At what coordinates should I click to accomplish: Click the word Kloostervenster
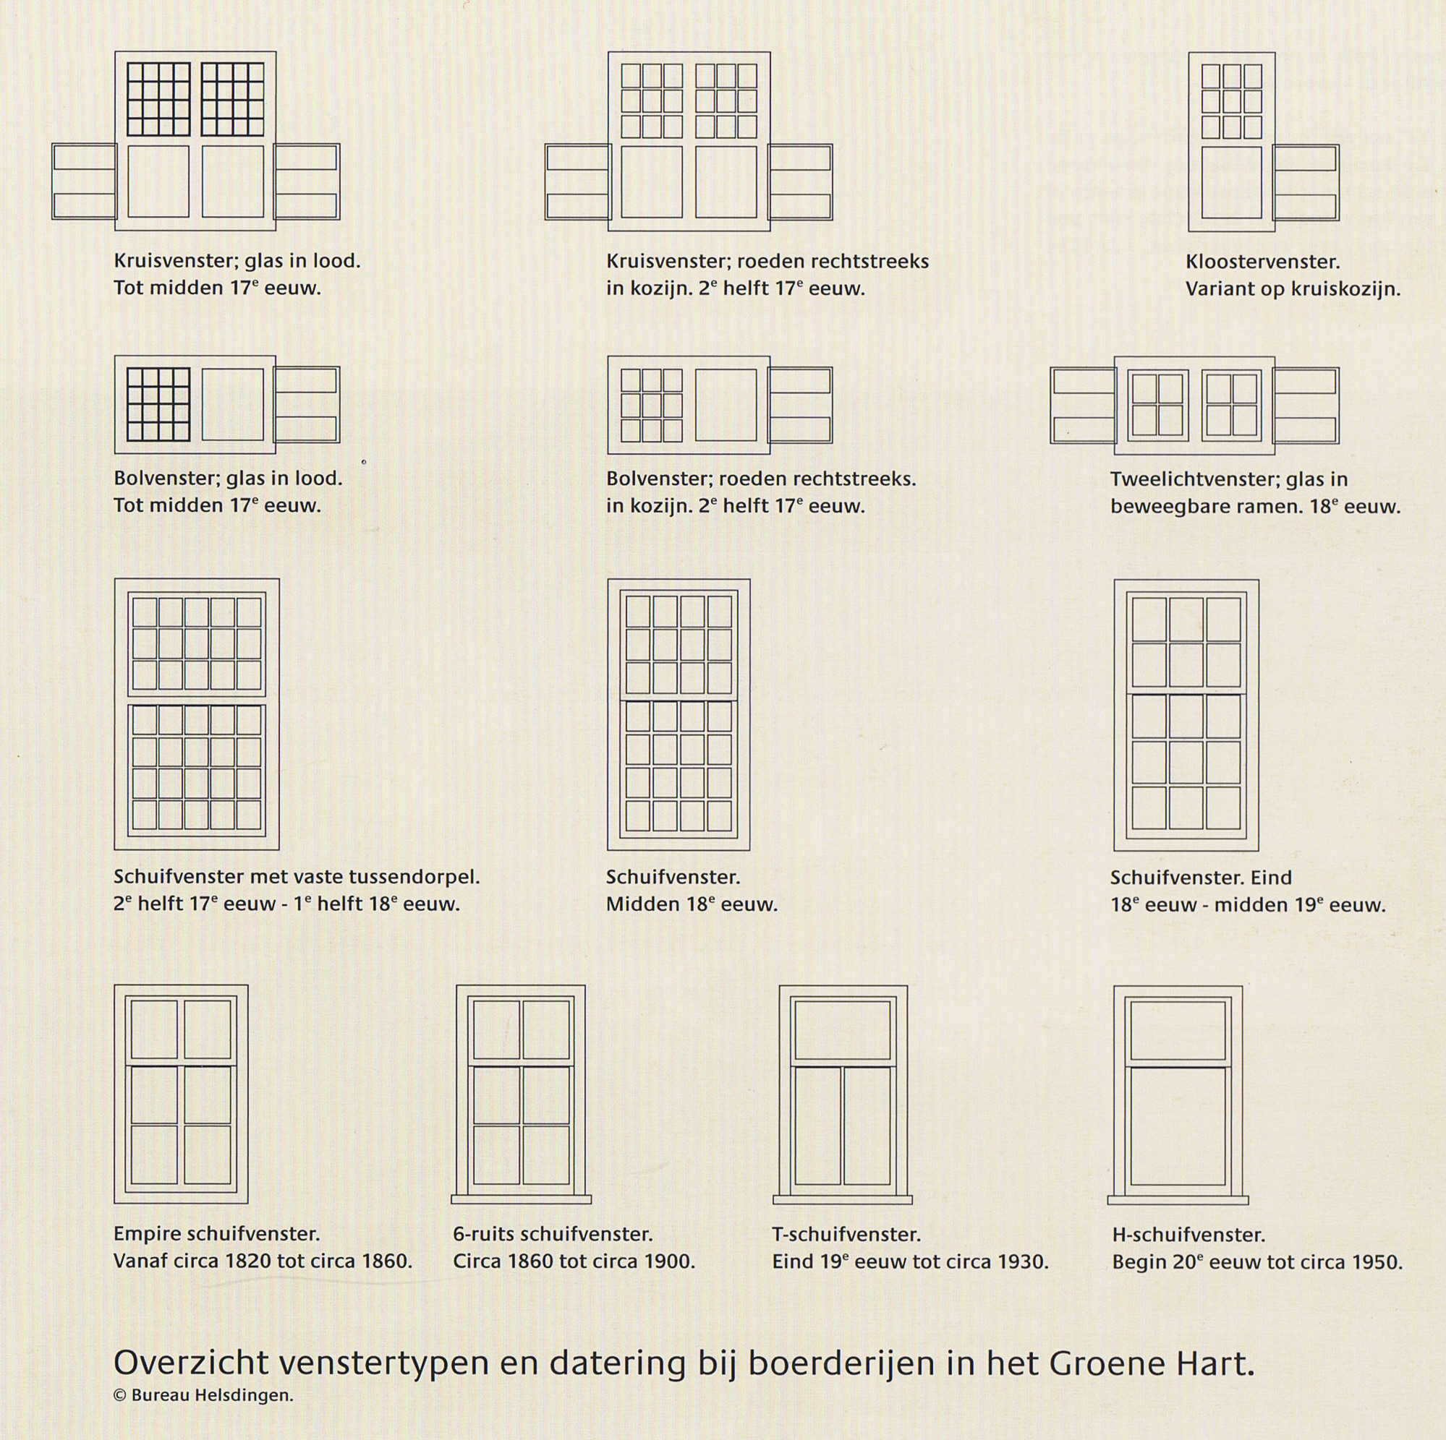point(1262,262)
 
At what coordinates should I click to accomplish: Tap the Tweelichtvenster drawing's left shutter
point(1082,406)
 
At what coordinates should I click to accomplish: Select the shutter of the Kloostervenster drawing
point(1306,182)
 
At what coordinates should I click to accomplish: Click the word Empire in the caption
point(148,1233)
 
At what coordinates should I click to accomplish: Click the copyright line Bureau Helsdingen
point(203,1395)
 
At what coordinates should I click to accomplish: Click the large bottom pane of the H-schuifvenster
point(1178,1126)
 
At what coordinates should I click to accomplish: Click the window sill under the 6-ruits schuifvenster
point(521,1199)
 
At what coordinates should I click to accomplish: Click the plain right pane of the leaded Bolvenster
point(233,405)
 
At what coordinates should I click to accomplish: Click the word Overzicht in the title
point(190,1363)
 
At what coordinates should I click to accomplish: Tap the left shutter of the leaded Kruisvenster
point(84,181)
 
